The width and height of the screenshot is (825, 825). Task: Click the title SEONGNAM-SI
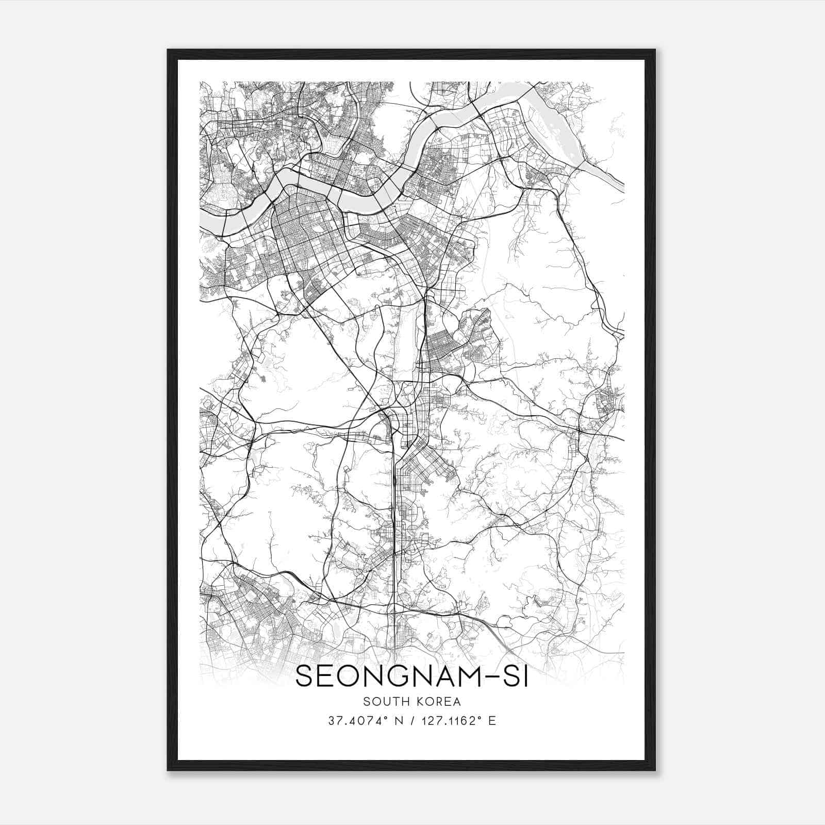tap(411, 676)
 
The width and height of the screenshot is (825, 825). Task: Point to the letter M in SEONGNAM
tap(464, 676)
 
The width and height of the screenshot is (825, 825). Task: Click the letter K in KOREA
tap(421, 701)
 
